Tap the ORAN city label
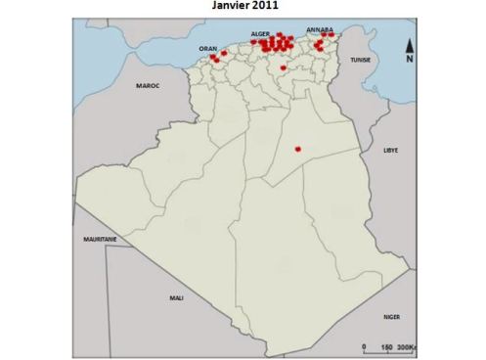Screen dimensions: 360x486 click(x=207, y=48)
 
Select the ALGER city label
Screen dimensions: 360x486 click(x=260, y=34)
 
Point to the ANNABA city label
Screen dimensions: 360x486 click(x=319, y=30)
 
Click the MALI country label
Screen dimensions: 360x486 click(x=176, y=297)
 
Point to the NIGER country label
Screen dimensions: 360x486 click(x=391, y=317)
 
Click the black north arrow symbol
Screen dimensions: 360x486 click(x=411, y=44)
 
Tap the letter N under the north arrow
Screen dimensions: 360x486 click(x=411, y=60)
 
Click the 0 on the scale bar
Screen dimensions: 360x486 click(x=364, y=347)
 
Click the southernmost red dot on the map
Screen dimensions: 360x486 click(x=297, y=150)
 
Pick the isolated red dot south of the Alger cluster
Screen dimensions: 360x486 click(x=283, y=68)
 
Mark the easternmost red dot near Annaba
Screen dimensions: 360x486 click(x=331, y=35)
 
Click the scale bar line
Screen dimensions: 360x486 click(x=386, y=340)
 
